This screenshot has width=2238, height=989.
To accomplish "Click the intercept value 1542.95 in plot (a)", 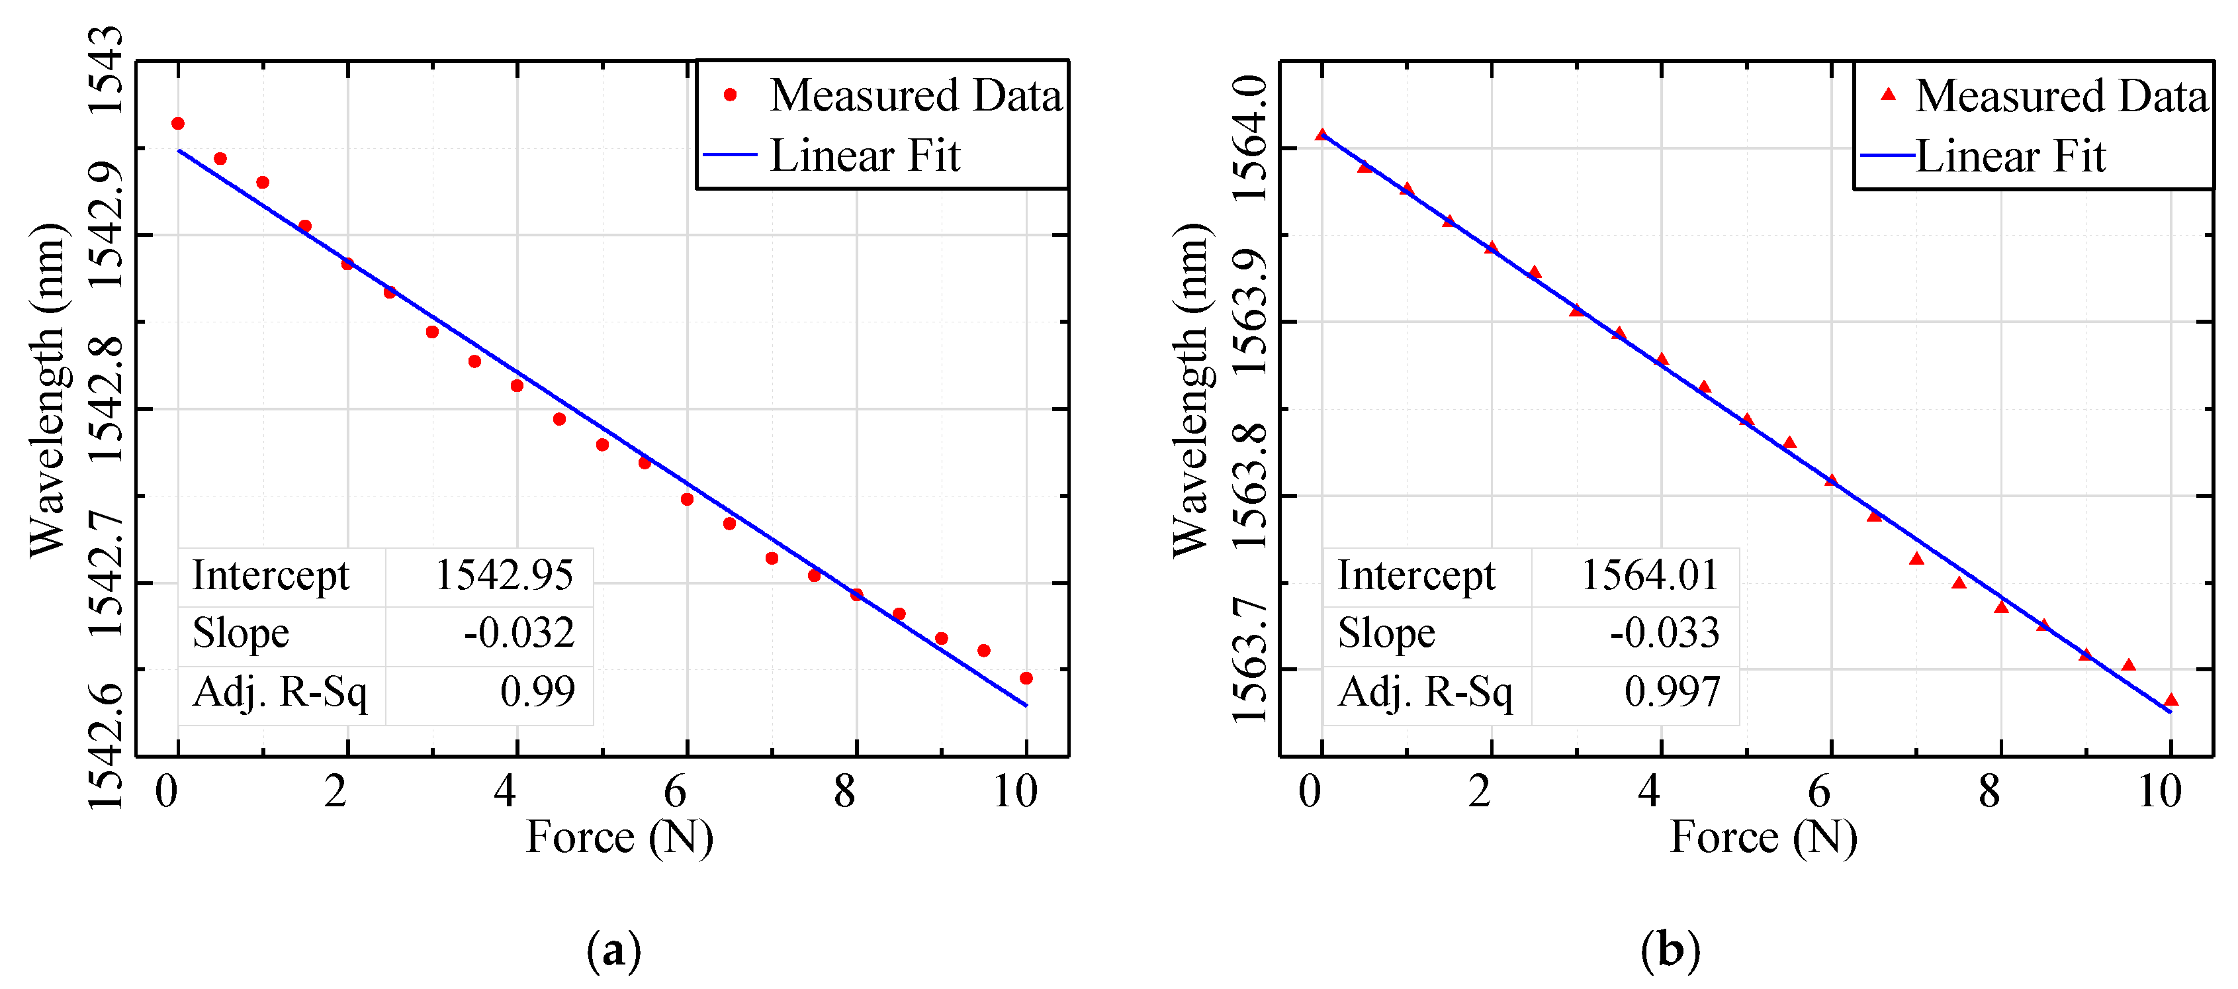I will click(504, 575).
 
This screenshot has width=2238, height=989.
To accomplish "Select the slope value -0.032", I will click(519, 633).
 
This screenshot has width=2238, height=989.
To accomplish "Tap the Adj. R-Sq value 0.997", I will click(1672, 692).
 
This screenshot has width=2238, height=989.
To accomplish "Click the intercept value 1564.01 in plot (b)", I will click(1649, 575).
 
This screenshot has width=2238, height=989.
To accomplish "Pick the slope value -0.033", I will click(1664, 633).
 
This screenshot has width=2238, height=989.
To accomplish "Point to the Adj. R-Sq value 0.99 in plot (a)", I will click(537, 692).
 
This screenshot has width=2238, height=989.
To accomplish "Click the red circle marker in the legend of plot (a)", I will click(730, 95).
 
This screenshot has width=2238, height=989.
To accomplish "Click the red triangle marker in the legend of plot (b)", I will click(1888, 95).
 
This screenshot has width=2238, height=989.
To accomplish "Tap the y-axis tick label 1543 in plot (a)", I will click(106, 70).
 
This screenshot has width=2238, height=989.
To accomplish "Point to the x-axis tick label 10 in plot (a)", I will click(1014, 792).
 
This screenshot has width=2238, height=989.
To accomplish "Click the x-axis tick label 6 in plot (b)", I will click(1819, 792).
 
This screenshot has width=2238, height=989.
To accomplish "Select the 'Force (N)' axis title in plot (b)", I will click(1764, 838).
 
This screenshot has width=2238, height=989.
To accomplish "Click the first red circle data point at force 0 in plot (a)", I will click(178, 123).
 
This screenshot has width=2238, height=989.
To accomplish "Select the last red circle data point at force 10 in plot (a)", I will click(1026, 678).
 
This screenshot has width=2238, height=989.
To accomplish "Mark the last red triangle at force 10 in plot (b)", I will click(2171, 700).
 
